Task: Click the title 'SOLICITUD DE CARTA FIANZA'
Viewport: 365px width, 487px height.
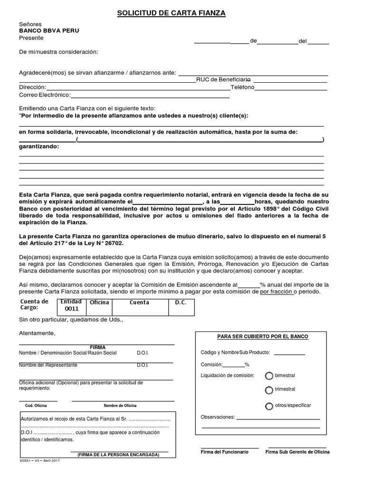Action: (172, 14)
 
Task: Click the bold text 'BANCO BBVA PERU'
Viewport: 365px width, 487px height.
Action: (49, 30)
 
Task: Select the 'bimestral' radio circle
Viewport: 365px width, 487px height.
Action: (269, 376)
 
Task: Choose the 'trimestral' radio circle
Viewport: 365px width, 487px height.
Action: (269, 390)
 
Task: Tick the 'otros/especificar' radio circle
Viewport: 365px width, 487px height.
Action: (269, 406)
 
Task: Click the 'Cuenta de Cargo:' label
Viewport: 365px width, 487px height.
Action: (34, 305)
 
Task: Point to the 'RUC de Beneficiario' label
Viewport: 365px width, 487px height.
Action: (223, 79)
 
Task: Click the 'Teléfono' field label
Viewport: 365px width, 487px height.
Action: (242, 88)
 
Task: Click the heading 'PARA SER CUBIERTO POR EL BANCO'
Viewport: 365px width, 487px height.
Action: (262, 337)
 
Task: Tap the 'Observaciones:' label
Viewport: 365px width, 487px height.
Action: (218, 417)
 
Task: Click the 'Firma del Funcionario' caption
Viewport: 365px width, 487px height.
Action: (224, 452)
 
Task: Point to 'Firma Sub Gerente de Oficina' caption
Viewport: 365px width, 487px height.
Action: (297, 452)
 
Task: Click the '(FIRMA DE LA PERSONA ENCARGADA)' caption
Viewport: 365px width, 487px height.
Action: (118, 455)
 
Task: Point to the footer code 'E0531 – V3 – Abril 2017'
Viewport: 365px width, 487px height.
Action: (40, 461)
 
